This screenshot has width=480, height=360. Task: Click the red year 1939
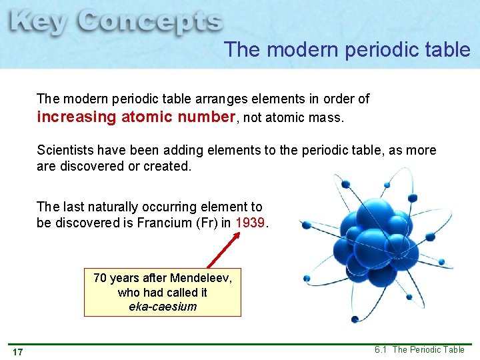click(251, 223)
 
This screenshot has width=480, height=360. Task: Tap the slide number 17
click(17, 351)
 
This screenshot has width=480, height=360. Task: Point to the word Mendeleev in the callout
click(201, 277)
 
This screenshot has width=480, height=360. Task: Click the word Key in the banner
click(38, 24)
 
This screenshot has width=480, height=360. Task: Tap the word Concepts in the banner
click(149, 24)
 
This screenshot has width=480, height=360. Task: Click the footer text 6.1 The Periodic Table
click(419, 349)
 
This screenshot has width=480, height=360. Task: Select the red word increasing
click(77, 117)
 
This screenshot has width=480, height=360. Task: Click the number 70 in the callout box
click(100, 277)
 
